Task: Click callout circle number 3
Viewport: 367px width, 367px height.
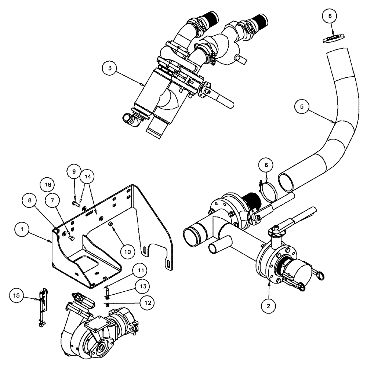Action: click(109, 69)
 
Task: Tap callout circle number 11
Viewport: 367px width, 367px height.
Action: click(141, 271)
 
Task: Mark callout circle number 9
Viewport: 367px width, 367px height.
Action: click(74, 171)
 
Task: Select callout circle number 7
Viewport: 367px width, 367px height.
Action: click(52, 200)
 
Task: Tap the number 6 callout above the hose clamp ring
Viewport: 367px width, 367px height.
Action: click(267, 165)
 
